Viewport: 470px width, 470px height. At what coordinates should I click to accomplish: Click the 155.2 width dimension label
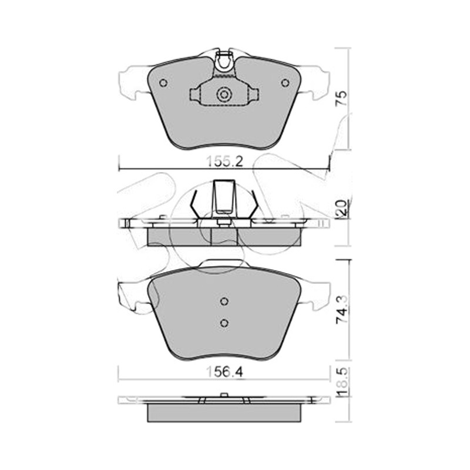coord(225,162)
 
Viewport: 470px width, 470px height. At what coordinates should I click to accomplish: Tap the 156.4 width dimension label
coord(225,372)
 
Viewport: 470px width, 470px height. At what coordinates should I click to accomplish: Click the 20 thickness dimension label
coord(342,207)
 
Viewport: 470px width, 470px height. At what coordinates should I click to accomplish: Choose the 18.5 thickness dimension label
coord(343,381)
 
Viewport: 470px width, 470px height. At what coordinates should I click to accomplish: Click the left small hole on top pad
coord(163,83)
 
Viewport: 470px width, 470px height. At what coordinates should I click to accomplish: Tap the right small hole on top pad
coord(286,83)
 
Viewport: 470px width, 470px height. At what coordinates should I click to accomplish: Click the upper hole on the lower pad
coord(224,301)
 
